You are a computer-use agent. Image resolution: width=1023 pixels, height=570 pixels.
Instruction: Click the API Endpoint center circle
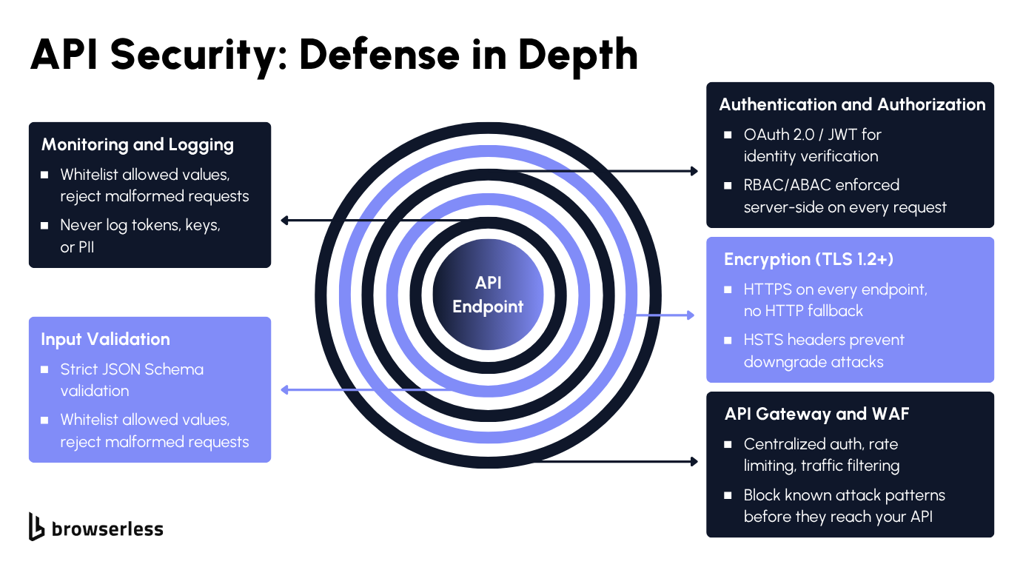(x=488, y=295)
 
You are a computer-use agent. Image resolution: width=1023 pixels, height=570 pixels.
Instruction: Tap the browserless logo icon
(x=36, y=526)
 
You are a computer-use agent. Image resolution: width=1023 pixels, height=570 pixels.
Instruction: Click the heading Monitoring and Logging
(x=138, y=144)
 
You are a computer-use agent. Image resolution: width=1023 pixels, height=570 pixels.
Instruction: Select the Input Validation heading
(x=105, y=339)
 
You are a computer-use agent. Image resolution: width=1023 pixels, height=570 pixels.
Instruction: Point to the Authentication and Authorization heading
(x=852, y=104)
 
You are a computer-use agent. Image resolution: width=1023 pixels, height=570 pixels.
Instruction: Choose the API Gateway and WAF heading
(x=816, y=414)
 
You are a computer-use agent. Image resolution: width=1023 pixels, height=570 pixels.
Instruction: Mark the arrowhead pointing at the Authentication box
(x=694, y=171)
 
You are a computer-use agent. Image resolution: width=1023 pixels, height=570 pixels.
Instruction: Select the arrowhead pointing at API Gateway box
(x=694, y=461)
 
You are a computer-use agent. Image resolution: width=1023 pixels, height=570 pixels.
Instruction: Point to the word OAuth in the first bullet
(x=767, y=134)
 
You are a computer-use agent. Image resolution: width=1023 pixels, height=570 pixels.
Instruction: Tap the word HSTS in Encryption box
(x=762, y=340)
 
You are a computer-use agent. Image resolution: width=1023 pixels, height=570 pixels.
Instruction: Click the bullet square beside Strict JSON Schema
(x=44, y=369)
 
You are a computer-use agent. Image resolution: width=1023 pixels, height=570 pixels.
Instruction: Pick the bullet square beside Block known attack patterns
(x=728, y=494)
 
